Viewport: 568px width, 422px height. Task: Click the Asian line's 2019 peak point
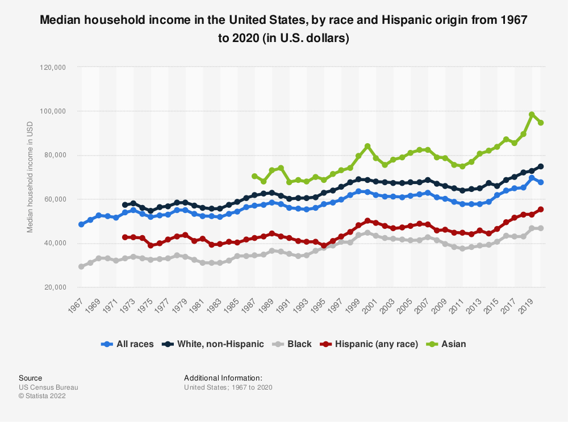532,115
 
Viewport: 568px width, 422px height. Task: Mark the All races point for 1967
81,224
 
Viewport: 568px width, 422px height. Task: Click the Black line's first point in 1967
81,266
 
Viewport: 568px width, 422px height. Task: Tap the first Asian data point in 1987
254,176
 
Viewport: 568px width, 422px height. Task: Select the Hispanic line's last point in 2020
540,210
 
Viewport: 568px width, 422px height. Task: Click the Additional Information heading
223,378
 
